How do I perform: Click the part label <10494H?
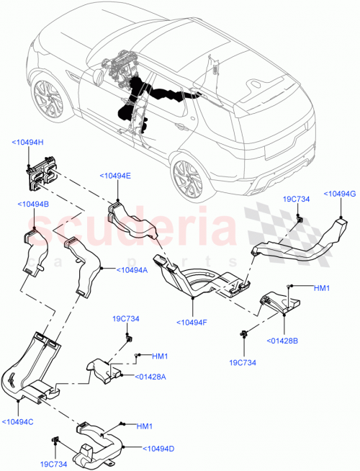click(x=28, y=143)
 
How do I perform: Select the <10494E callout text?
click(x=115, y=175)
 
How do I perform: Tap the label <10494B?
click(x=32, y=205)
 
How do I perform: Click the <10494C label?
click(x=19, y=422)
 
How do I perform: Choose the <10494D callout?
click(x=160, y=449)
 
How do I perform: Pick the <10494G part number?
click(x=340, y=193)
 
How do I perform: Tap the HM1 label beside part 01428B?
click(x=321, y=288)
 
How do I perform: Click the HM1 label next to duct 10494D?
click(x=143, y=427)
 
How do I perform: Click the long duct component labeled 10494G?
click(x=302, y=243)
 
